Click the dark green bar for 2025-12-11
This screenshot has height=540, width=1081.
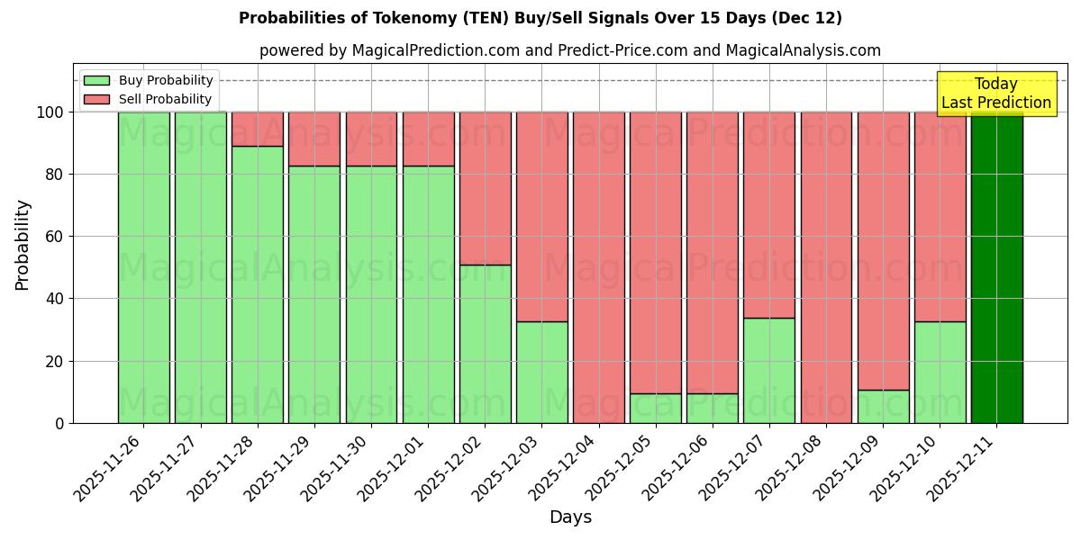coord(996,267)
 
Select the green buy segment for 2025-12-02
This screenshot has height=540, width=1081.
coord(485,344)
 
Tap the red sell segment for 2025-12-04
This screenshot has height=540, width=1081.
coord(598,267)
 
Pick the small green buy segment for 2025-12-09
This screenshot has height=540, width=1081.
coord(883,407)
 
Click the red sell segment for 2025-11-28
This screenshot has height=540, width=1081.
coord(258,129)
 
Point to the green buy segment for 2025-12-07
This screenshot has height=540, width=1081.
coord(769,370)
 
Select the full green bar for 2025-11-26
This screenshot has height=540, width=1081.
coord(144,267)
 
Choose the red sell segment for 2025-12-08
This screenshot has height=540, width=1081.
coord(826,267)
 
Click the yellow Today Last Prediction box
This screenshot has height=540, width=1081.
coord(996,94)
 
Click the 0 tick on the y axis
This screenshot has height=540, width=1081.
coord(60,423)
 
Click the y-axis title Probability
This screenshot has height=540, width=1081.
coord(23,245)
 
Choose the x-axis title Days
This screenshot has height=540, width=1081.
coord(570,517)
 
